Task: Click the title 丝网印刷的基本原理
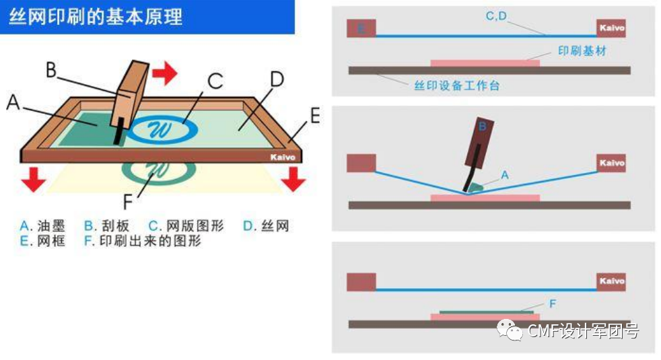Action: [95, 17]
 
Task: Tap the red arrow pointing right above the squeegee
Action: [164, 73]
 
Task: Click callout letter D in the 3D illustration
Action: [277, 79]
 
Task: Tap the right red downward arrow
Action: [293, 178]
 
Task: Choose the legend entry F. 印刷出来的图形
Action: [142, 241]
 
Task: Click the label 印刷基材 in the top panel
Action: [582, 51]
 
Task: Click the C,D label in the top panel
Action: [496, 15]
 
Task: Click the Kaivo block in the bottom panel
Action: [611, 281]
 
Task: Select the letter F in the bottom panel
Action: [553, 304]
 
